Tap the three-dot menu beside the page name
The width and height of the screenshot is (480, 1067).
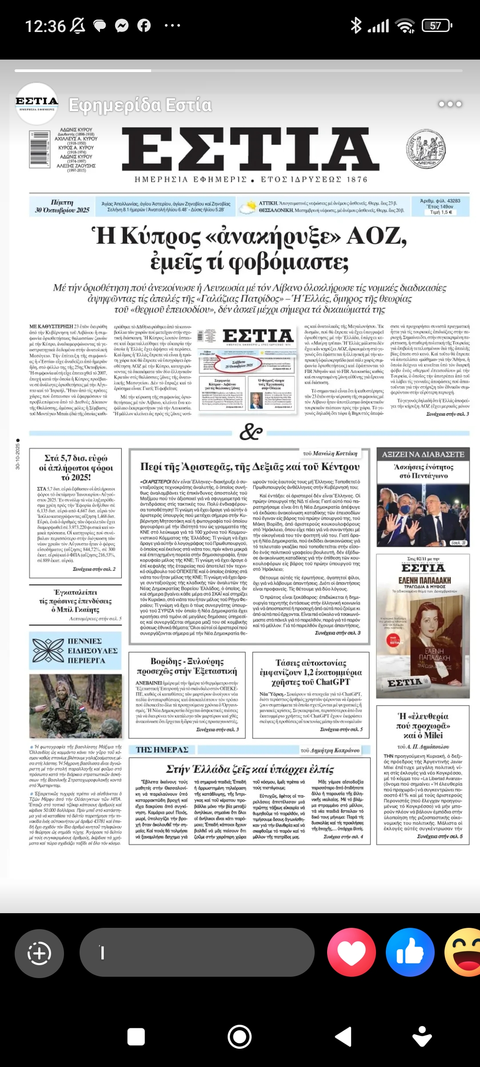(x=450, y=104)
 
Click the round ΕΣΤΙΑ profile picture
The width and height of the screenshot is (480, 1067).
(x=37, y=104)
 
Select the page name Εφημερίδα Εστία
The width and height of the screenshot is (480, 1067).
(x=140, y=105)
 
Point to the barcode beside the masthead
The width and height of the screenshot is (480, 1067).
(x=39, y=149)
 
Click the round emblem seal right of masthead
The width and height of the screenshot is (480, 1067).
(x=426, y=149)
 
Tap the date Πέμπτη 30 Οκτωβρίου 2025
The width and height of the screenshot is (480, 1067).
(x=62, y=206)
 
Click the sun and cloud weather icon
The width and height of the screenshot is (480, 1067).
(x=247, y=207)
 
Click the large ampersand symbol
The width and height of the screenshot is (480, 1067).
(x=251, y=431)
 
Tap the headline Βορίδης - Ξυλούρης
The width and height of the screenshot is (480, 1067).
(x=187, y=666)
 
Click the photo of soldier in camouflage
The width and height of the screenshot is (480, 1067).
(x=76, y=706)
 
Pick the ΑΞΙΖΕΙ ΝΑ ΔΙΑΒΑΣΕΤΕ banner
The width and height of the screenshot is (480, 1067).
(x=423, y=454)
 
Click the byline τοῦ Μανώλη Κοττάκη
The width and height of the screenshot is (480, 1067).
(x=330, y=453)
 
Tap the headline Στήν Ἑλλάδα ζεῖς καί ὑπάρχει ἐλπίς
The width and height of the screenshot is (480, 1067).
(x=250, y=769)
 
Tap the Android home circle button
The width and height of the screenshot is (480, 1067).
(x=240, y=1036)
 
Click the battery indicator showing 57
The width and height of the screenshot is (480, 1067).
(x=436, y=26)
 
